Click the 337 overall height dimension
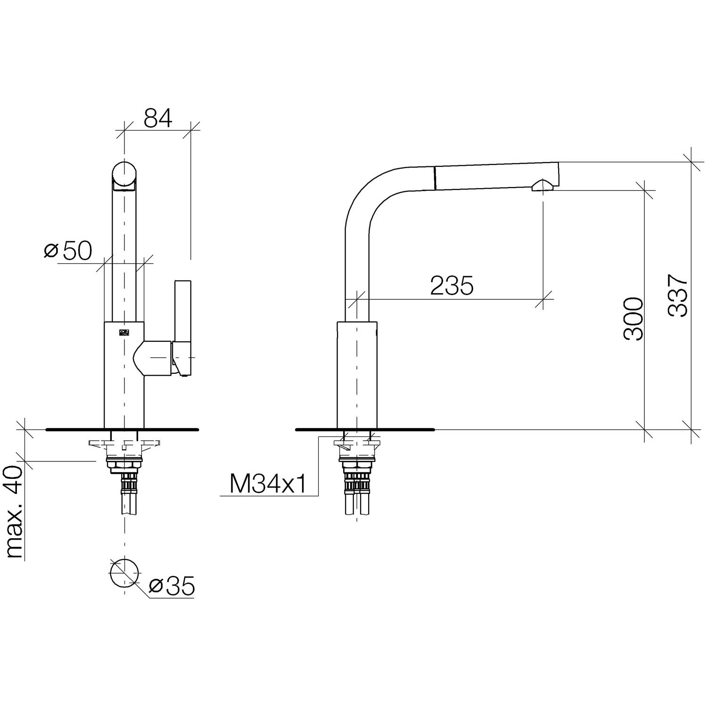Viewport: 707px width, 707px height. tap(677, 296)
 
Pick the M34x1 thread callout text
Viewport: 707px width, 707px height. tap(268, 484)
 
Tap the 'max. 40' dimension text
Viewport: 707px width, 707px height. tap(15, 512)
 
